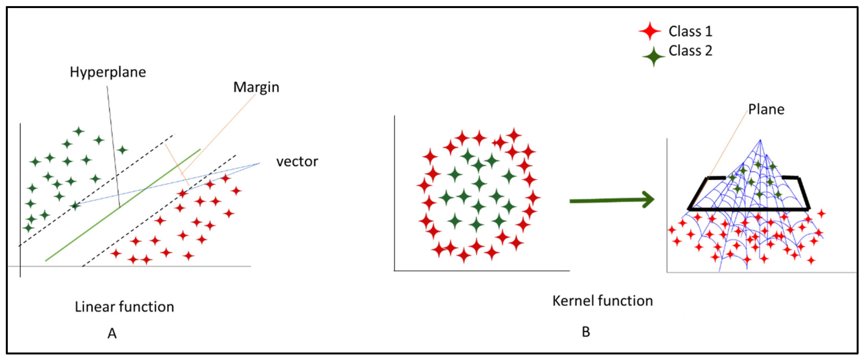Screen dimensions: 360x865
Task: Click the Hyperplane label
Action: (x=108, y=72)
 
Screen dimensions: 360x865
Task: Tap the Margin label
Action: (x=256, y=87)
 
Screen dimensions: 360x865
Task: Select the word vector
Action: (x=297, y=162)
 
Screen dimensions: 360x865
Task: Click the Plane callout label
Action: (x=766, y=110)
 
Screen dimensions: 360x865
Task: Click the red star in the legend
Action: (x=650, y=31)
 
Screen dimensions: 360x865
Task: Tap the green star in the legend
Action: (x=653, y=56)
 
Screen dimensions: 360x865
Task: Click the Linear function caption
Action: (x=124, y=307)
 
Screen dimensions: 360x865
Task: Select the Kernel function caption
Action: (x=603, y=301)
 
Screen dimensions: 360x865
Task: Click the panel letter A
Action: (x=112, y=334)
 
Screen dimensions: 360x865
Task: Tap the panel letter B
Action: (x=586, y=332)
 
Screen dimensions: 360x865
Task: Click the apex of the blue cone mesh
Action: (x=760, y=140)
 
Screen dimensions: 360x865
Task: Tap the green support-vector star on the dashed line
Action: (x=75, y=205)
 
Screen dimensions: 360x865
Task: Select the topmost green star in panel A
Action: (x=79, y=131)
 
